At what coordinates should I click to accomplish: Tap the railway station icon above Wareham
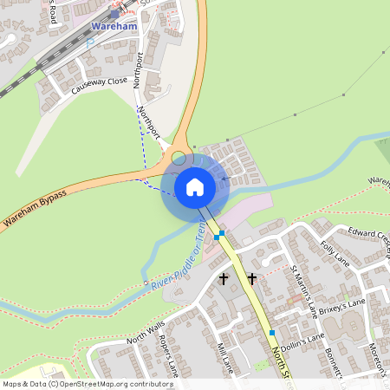click(114, 14)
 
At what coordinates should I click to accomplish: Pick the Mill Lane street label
click(224, 358)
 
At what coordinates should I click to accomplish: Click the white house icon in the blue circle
click(195, 186)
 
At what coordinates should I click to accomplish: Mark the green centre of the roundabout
click(178, 158)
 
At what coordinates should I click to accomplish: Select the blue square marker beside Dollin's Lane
click(272, 333)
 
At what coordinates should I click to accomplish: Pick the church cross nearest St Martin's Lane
click(252, 279)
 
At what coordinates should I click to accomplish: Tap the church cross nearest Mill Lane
click(224, 279)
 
